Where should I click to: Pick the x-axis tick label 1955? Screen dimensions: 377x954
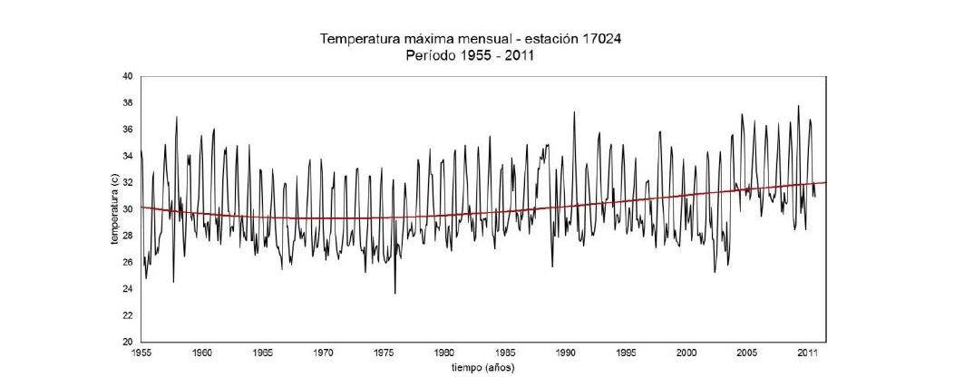coord(142,352)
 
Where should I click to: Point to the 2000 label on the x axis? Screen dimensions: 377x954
coord(686,352)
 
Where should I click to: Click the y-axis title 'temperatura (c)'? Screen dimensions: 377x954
coord(115,209)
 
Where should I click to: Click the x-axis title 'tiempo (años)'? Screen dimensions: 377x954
coord(482,367)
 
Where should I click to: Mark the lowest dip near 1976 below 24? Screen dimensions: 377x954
coord(394,293)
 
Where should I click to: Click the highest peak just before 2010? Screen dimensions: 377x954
coord(798,106)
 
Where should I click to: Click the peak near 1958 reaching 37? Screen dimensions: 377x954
coord(176,117)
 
